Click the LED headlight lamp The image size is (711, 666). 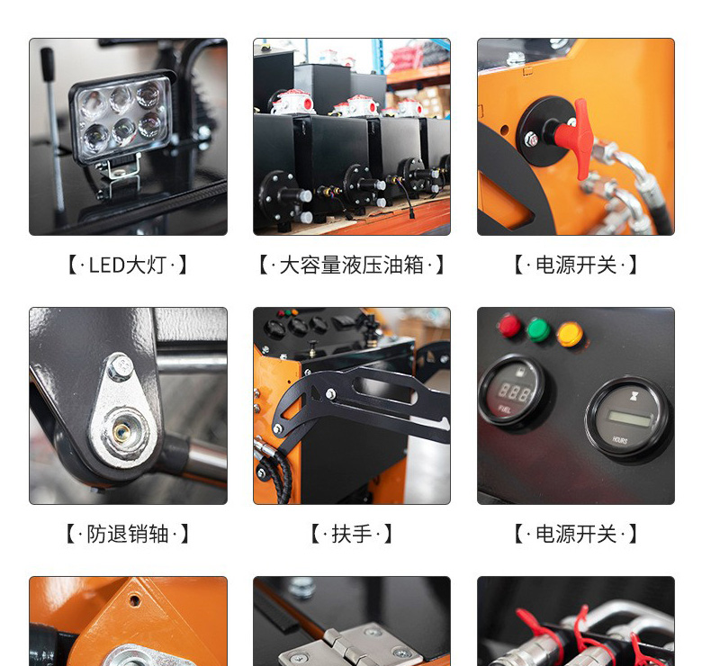(x=121, y=117)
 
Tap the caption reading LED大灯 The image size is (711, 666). (x=127, y=265)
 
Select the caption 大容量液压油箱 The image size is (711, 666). (x=351, y=265)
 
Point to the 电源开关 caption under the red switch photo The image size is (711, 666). (x=576, y=265)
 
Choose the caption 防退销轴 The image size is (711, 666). (x=128, y=534)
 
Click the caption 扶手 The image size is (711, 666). (x=351, y=534)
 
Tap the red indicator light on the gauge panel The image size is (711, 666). (x=509, y=325)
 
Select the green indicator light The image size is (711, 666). (x=538, y=329)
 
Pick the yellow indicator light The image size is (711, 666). (x=570, y=334)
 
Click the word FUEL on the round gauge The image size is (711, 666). (x=505, y=409)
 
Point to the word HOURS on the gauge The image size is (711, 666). (x=620, y=439)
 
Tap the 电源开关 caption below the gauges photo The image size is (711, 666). (x=576, y=534)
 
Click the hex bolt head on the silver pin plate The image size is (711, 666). (x=121, y=365)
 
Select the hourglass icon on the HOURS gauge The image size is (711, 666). (x=634, y=397)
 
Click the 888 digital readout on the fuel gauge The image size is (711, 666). (x=514, y=391)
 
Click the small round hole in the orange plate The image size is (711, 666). (x=135, y=600)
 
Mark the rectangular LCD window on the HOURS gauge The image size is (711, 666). (x=630, y=418)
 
